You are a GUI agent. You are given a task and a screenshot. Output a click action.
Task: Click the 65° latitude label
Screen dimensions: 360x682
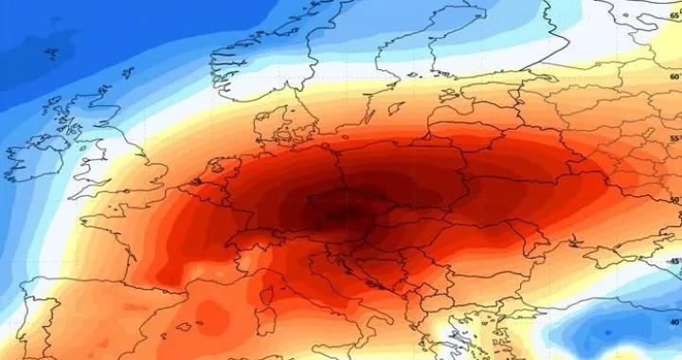674,16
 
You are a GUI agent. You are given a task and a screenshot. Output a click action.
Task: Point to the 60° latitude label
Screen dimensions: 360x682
674,77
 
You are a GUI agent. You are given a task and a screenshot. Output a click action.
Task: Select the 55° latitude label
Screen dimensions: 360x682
674,139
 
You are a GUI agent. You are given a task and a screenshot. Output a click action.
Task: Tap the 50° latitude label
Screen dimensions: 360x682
674,200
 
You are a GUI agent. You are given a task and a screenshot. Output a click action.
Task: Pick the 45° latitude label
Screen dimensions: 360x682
674,261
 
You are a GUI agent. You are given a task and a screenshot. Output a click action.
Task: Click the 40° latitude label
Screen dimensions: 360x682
674,322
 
